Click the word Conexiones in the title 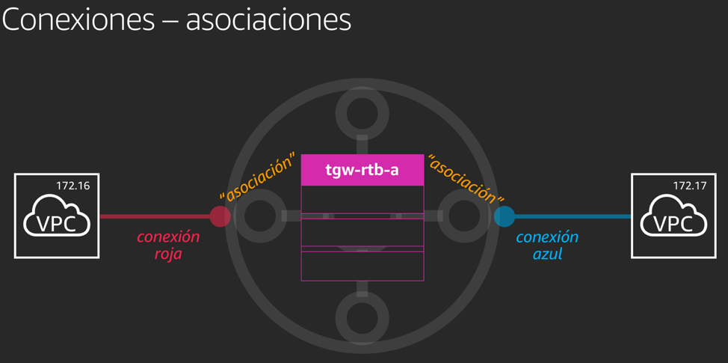[78, 19]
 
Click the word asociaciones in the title [268, 19]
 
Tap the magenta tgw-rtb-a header [363, 170]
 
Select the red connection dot [220, 216]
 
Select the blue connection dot [505, 216]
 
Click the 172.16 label [73, 185]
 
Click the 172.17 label [689, 185]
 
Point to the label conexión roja [168, 245]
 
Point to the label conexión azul [547, 245]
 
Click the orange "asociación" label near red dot [256, 177]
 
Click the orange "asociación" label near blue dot [466, 179]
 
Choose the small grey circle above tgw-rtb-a [362, 113]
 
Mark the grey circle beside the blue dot [464, 216]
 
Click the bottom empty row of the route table [363, 266]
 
